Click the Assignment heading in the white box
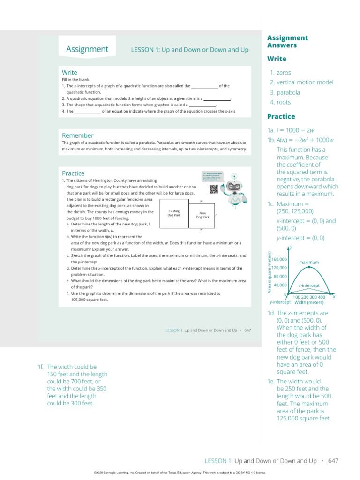(x=87, y=49)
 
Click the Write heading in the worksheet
(x=69, y=72)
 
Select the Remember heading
(x=77, y=135)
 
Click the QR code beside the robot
(x=214, y=189)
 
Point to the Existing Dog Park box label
(x=174, y=213)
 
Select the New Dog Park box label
(x=202, y=215)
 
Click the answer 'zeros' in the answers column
(x=284, y=73)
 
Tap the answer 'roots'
(x=284, y=102)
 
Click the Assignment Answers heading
(x=287, y=42)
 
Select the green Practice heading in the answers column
(x=281, y=116)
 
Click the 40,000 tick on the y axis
(x=280, y=285)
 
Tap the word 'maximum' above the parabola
(x=309, y=262)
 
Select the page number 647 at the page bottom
(x=333, y=461)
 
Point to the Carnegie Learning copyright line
(x=180, y=473)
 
